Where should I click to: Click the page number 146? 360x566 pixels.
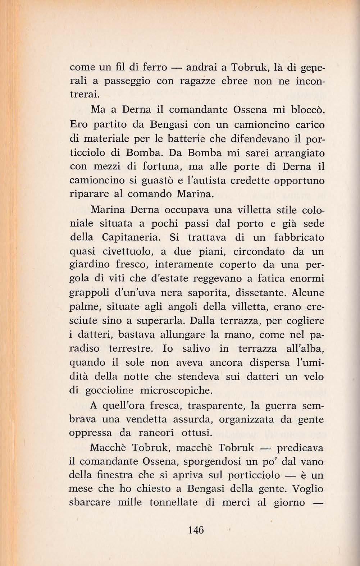tap(196, 530)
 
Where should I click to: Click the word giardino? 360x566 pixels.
tap(89, 265)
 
